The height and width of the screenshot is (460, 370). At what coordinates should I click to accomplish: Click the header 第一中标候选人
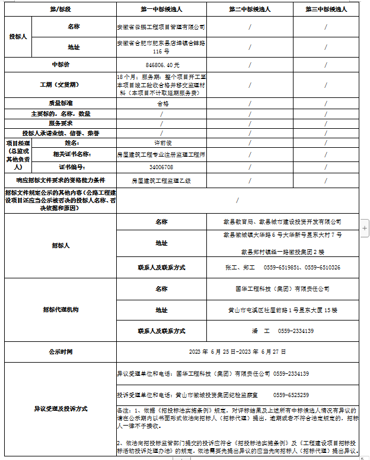[161, 9]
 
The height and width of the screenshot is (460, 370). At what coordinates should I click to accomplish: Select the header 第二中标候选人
[250, 9]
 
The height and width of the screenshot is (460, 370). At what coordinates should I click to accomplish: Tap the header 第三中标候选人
[326, 9]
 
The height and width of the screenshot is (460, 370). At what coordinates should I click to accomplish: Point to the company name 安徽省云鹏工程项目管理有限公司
[161, 27]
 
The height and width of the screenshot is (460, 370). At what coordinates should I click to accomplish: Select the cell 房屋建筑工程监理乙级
[161, 180]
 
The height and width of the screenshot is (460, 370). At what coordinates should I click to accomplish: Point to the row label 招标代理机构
[60, 310]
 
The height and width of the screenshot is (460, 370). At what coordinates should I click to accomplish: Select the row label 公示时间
[60, 351]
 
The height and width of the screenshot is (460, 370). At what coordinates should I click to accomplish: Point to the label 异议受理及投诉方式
[60, 408]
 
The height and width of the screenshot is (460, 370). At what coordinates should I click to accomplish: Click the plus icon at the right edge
[365, 227]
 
